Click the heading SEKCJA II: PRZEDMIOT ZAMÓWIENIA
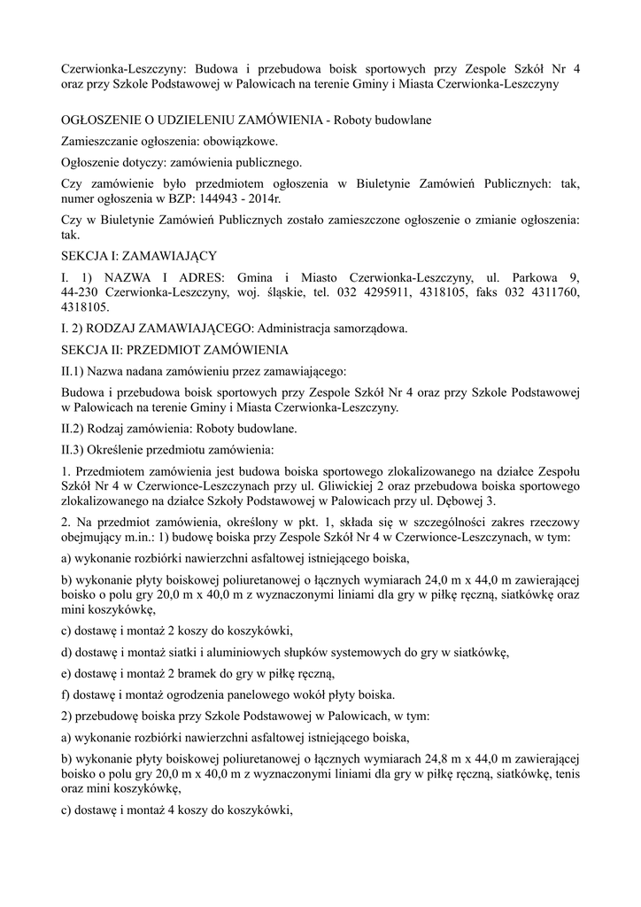pos(168,350)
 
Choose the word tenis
pos(564,772)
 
